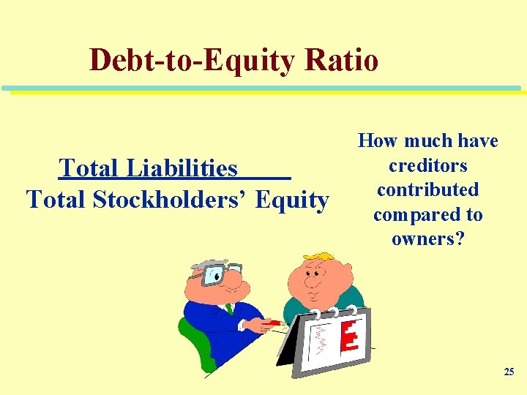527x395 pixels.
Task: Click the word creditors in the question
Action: click(428, 165)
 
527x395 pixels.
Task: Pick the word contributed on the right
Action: click(428, 189)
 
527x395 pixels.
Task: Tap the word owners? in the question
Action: click(428, 239)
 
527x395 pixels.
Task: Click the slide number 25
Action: click(509, 372)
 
